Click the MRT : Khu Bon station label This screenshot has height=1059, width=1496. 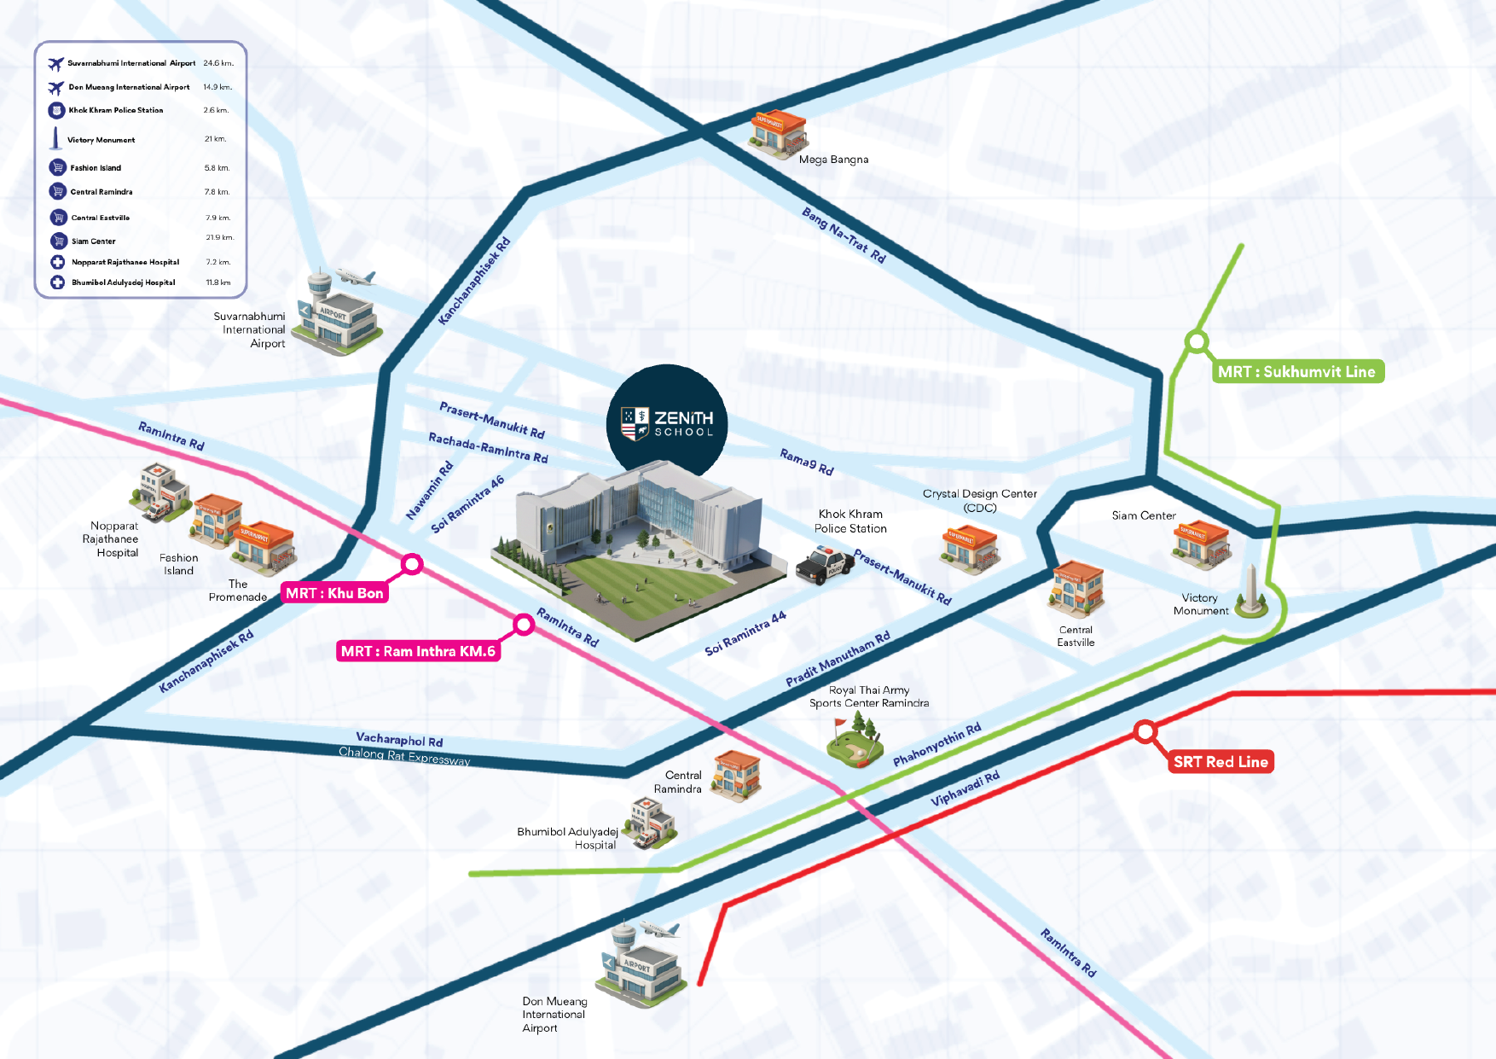tap(334, 593)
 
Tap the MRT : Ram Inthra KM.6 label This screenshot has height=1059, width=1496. tap(418, 651)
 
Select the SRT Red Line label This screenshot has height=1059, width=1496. tap(1221, 762)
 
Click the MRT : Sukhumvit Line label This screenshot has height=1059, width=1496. tap(1296, 371)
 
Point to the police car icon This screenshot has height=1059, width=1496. tap(824, 565)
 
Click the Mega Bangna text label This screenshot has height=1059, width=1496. tap(833, 160)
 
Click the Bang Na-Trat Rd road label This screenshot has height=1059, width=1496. tap(844, 235)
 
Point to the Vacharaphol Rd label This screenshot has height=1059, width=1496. tap(399, 740)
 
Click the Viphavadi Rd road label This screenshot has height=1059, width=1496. tap(965, 788)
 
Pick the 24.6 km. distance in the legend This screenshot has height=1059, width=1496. tap(218, 63)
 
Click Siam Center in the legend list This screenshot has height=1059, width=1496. tap(94, 241)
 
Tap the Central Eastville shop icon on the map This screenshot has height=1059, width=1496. tap(1077, 589)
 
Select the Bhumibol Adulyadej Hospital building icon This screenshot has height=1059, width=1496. tap(652, 823)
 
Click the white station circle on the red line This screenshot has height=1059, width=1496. tap(1145, 731)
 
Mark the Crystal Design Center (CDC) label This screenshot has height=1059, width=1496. tap(979, 500)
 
